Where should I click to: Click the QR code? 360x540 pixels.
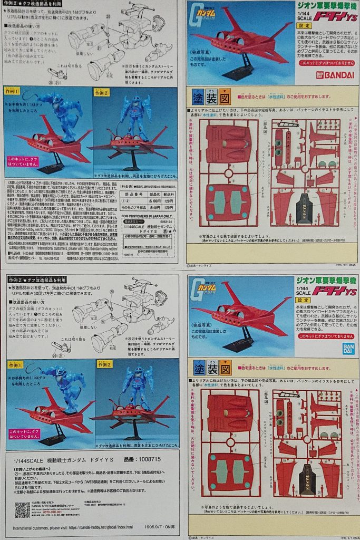coord(22,509)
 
